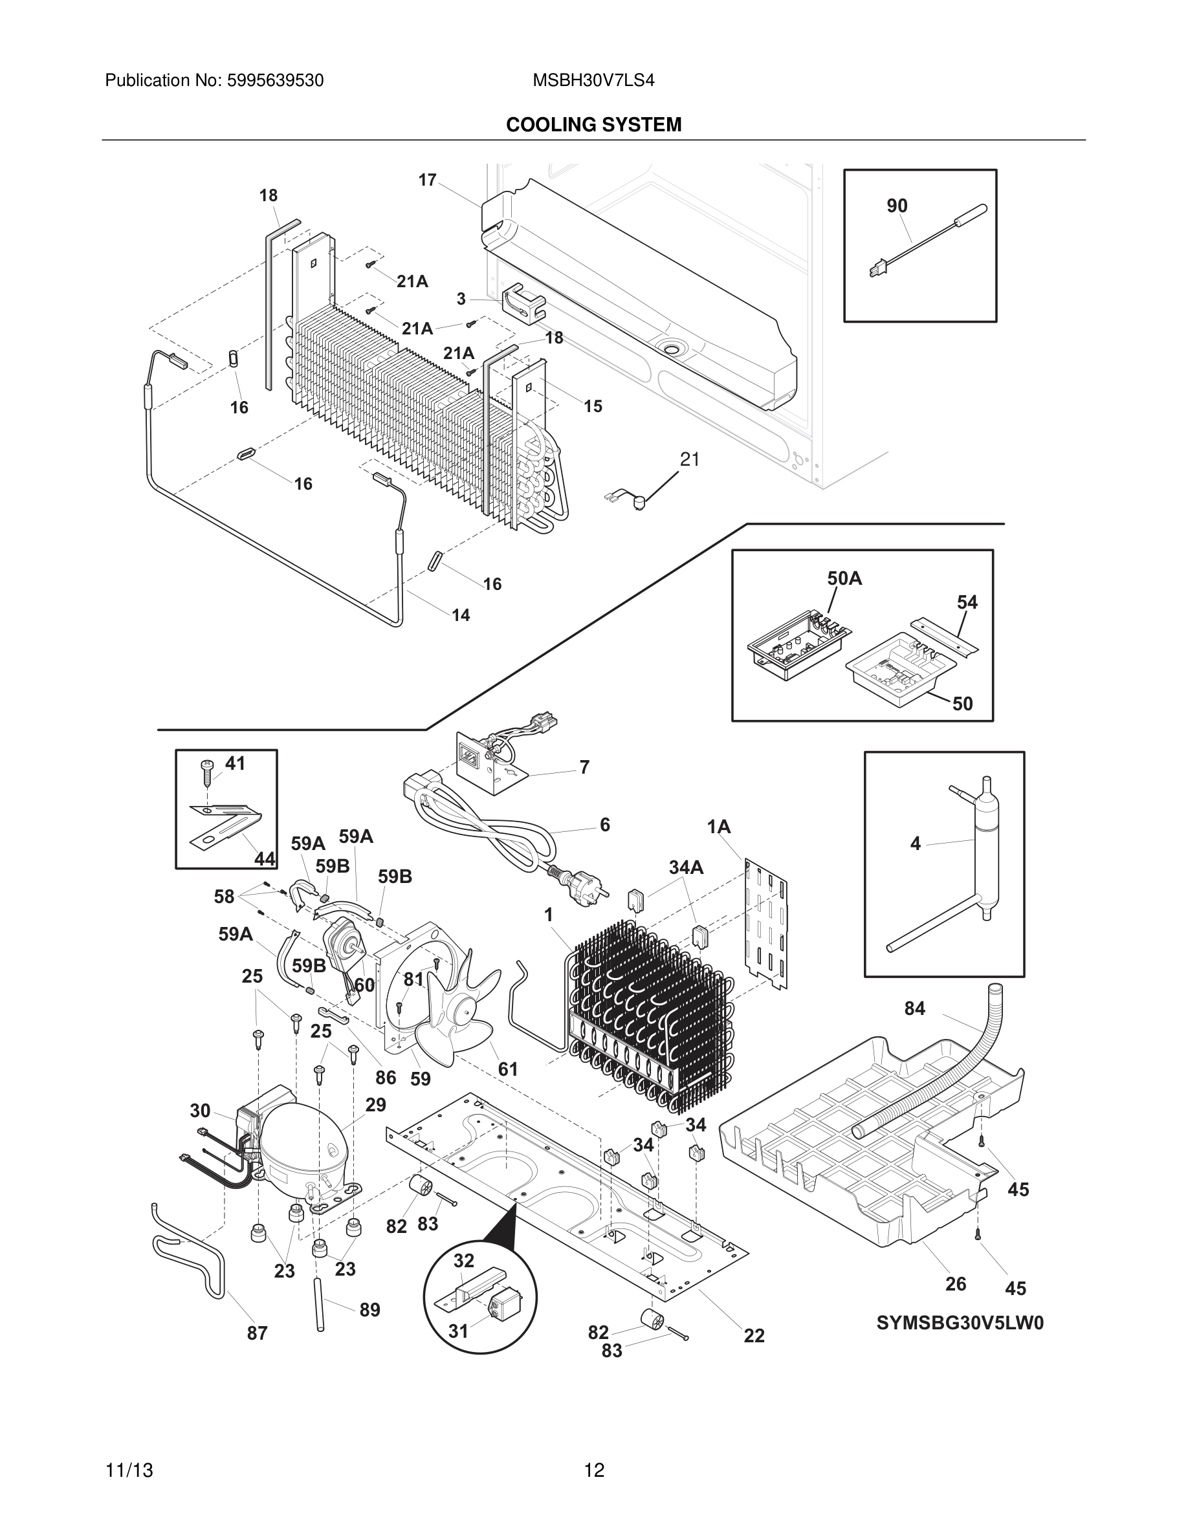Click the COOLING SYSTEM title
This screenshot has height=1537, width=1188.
(x=593, y=125)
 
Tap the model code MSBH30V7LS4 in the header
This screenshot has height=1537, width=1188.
(x=593, y=81)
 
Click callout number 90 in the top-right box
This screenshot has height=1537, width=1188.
(x=897, y=206)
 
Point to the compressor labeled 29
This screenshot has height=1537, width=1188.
(x=303, y=1153)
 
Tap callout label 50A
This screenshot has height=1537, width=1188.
(x=844, y=578)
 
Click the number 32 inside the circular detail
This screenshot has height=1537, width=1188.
(x=463, y=1260)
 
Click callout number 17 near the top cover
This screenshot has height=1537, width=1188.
(x=427, y=180)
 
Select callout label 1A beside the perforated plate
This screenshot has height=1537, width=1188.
(x=719, y=827)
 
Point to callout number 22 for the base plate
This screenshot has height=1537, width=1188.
(x=754, y=1335)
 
